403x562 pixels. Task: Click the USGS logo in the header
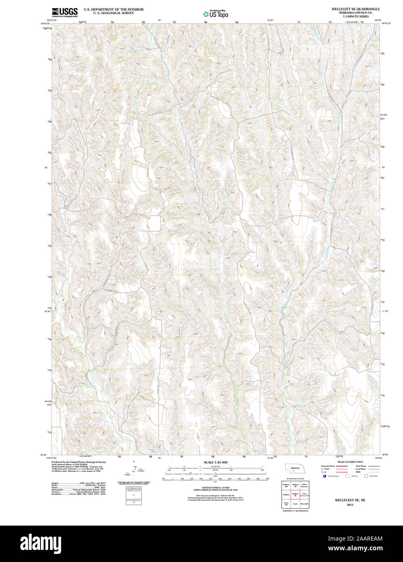click(65, 13)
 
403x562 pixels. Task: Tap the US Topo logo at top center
click(215, 14)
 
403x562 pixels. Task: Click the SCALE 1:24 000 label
click(215, 462)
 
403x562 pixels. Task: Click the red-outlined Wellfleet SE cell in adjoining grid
click(295, 494)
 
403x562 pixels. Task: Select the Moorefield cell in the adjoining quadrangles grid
click(305, 504)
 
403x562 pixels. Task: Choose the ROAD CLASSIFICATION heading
click(350, 462)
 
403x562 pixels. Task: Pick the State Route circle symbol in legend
click(366, 476)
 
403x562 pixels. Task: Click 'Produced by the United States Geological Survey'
click(79, 462)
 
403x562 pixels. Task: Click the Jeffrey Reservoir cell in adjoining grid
click(305, 485)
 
